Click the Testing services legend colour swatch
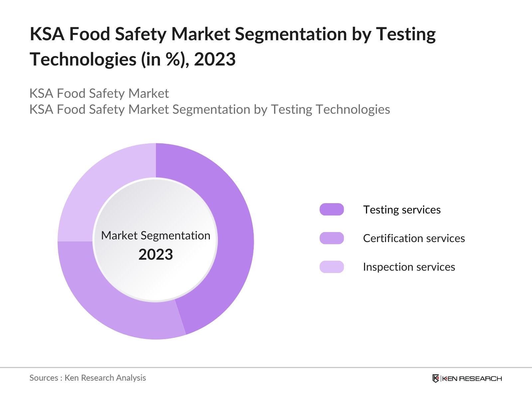pyautogui.click(x=332, y=209)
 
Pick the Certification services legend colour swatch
pyautogui.click(x=332, y=238)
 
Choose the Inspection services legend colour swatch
pyautogui.click(x=332, y=267)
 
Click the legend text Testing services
pyautogui.click(x=402, y=210)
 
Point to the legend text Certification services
pyautogui.click(x=414, y=238)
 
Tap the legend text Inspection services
pyautogui.click(x=409, y=267)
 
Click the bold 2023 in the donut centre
pyautogui.click(x=156, y=255)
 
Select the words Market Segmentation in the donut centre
pyautogui.click(x=156, y=235)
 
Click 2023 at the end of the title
pyautogui.click(x=215, y=60)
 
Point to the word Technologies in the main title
pyautogui.click(x=83, y=60)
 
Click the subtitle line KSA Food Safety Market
pyautogui.click(x=99, y=93)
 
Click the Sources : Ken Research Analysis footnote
pyautogui.click(x=87, y=378)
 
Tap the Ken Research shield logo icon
pyautogui.click(x=436, y=378)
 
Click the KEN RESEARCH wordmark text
pyautogui.click(x=472, y=378)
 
